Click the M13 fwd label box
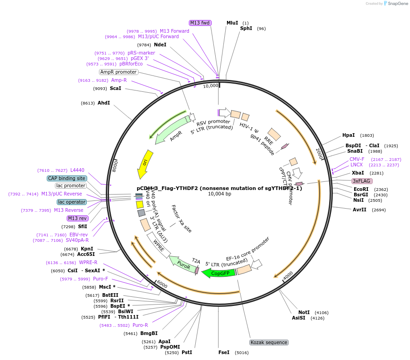coord(200,23)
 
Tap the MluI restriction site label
coord(232,23)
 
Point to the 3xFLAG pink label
coord(362,181)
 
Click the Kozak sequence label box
coord(269,342)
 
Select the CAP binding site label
coord(67,178)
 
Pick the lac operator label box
coord(72,202)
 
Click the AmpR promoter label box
coord(118,72)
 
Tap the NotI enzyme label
coord(304,312)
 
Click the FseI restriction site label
coord(224,352)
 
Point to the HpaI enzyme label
coord(348,135)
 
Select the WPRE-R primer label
coord(88,262)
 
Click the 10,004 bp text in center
coord(219,194)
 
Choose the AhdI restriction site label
coord(104,103)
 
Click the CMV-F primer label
coord(357,159)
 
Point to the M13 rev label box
coord(77,218)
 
